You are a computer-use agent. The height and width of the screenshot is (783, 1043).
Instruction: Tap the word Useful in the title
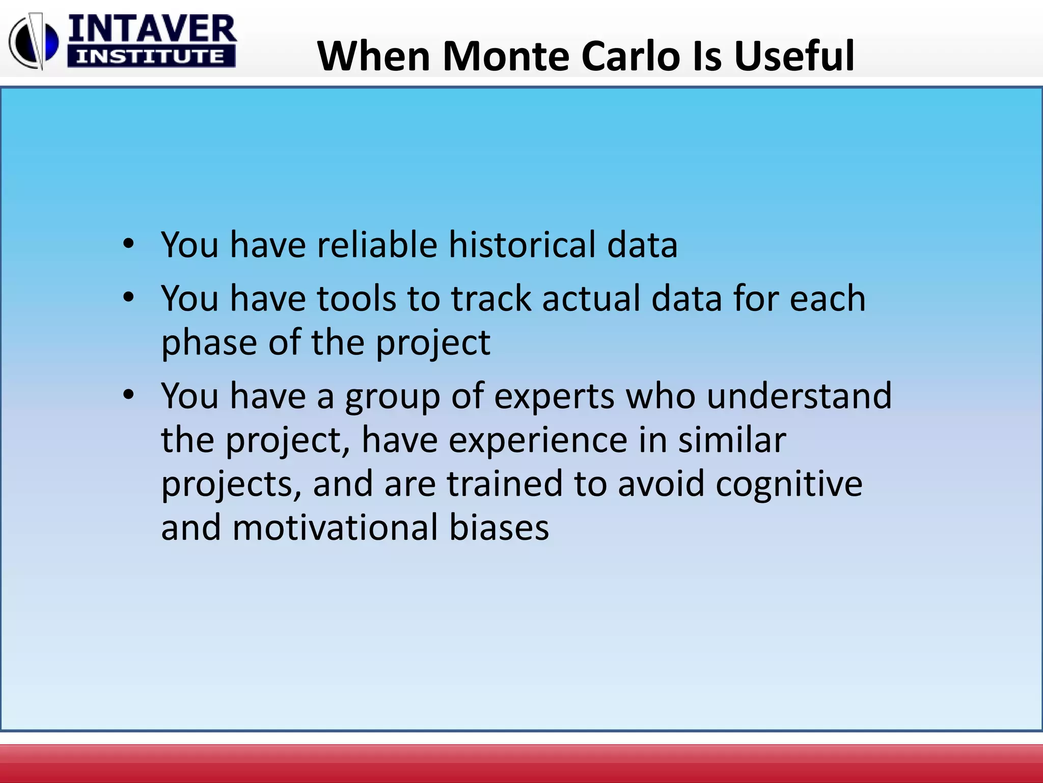[x=794, y=56]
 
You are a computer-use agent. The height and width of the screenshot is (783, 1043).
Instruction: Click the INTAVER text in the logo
[x=152, y=30]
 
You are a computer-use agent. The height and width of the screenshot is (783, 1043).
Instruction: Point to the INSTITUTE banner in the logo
[x=151, y=57]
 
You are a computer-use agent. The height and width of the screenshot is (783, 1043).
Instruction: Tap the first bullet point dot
[x=128, y=244]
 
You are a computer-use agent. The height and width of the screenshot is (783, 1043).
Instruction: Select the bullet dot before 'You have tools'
[x=128, y=297]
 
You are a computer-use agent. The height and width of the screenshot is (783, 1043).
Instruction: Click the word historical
[x=522, y=245]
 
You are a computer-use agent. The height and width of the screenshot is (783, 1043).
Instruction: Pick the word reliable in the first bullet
[x=377, y=245]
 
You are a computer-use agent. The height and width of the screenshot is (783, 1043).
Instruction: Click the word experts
[x=554, y=397]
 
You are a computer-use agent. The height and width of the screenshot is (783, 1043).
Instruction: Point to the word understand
[x=799, y=396]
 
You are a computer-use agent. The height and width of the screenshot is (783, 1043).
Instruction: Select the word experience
[x=537, y=440]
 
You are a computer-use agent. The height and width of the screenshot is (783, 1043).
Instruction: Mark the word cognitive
[x=789, y=485]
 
